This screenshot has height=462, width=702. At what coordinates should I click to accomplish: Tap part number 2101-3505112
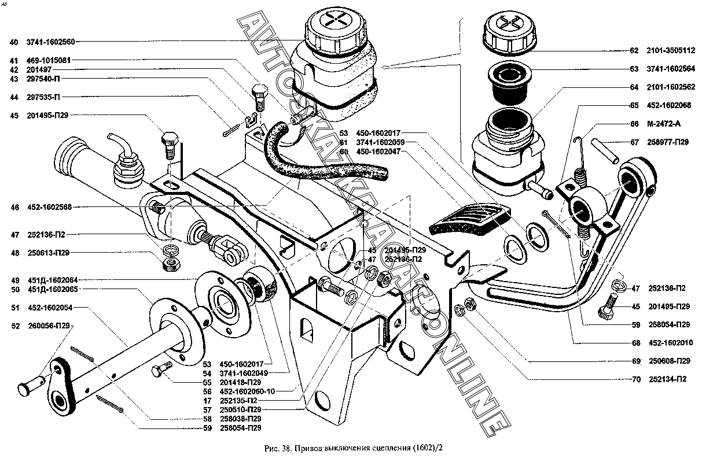click(671, 50)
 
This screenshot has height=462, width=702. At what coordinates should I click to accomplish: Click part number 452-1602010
click(669, 343)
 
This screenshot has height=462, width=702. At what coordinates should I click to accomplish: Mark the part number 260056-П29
click(49, 326)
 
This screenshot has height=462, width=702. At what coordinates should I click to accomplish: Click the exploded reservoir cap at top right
click(510, 33)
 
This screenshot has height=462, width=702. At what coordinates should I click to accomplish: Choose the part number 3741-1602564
click(671, 69)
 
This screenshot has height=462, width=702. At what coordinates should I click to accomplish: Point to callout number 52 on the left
click(15, 326)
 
